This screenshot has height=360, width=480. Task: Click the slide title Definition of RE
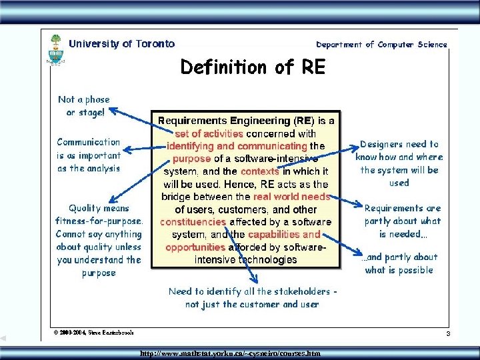(x=253, y=67)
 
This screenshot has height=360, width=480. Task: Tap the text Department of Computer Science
(x=381, y=45)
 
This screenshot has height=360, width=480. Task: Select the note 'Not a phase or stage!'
(x=84, y=106)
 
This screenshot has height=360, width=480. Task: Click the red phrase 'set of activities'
(x=209, y=133)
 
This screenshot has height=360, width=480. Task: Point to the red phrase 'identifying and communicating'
(x=237, y=145)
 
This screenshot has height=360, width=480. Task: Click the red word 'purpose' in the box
(x=191, y=159)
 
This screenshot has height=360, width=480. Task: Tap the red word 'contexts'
(x=264, y=171)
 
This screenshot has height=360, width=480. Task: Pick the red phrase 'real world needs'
(x=291, y=197)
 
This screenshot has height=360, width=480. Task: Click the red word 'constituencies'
(x=193, y=222)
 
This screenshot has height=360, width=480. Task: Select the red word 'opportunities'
(x=196, y=247)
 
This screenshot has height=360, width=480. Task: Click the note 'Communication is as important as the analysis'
(x=89, y=155)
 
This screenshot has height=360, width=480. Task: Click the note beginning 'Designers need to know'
(x=399, y=163)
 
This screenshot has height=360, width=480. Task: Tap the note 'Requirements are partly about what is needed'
(x=402, y=221)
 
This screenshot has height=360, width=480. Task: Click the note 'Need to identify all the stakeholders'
(x=252, y=297)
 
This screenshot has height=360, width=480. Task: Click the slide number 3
(x=449, y=333)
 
